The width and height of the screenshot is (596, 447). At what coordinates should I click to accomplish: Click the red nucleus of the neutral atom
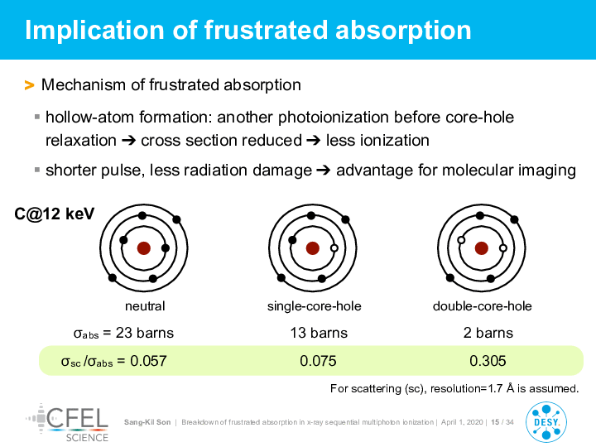point(144,248)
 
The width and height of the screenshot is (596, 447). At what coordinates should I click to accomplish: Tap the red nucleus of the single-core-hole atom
point(312,248)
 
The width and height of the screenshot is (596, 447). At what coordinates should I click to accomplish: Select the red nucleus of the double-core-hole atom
point(482,248)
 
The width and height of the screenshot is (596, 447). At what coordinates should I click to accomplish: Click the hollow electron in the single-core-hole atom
point(334,248)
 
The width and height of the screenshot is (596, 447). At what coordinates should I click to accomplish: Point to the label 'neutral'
point(145,306)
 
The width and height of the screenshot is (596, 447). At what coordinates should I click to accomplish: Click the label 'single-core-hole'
point(314,306)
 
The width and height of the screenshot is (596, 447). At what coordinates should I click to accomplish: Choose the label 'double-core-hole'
point(482,306)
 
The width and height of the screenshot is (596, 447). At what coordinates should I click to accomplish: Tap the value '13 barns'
point(319,333)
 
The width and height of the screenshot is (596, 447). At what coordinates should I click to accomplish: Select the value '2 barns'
point(488,333)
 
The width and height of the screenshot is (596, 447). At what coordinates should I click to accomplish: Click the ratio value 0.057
point(148,361)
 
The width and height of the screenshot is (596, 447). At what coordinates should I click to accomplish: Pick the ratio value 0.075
point(318,361)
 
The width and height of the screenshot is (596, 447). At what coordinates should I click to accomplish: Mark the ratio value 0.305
point(488,361)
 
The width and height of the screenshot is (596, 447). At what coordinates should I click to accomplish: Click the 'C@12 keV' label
point(54,214)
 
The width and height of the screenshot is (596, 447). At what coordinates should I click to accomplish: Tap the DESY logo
point(546,422)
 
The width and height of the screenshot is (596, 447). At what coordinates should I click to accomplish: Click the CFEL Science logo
point(68,423)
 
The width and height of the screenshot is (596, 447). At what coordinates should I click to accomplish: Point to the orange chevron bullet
point(29,85)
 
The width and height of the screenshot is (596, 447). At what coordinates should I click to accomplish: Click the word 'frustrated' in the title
point(266,30)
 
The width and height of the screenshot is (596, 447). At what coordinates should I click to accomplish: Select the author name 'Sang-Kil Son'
point(147,422)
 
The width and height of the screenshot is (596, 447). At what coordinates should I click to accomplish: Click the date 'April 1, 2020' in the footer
point(462,422)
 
